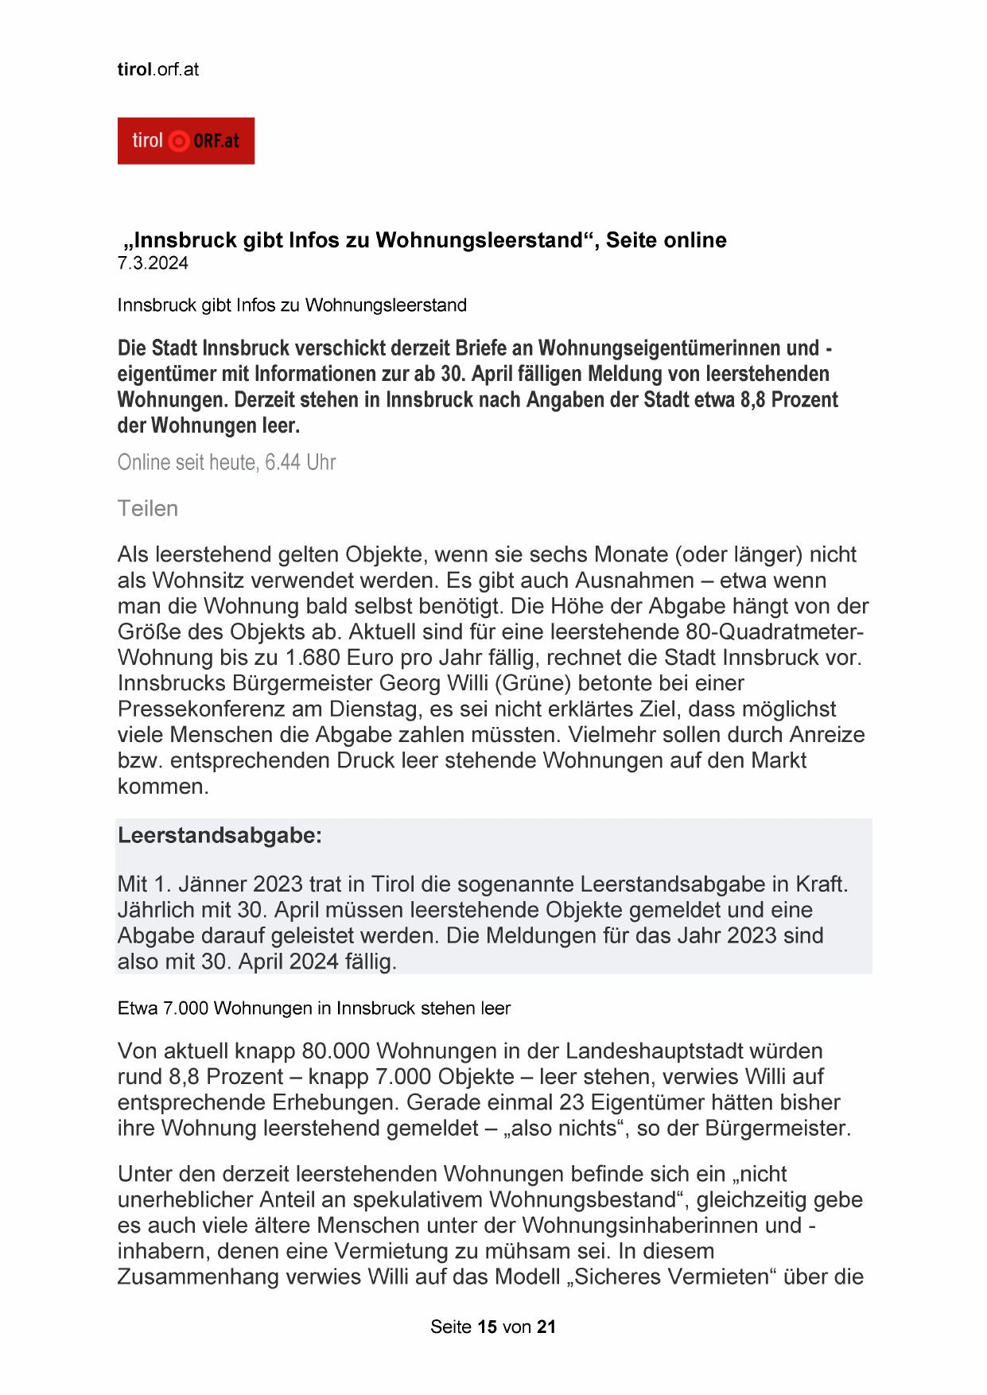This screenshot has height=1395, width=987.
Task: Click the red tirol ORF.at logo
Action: (x=185, y=141)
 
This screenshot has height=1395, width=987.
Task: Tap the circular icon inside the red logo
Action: (x=180, y=142)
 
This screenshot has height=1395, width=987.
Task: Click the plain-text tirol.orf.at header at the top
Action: (x=157, y=69)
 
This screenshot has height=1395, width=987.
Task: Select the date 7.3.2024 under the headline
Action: (x=153, y=264)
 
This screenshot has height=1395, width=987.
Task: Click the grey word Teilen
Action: (x=148, y=509)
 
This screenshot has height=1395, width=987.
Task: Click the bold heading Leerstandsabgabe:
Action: (x=220, y=836)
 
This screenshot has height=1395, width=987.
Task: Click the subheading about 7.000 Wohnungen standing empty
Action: (x=313, y=1008)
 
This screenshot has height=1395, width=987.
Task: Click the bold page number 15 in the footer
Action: (x=488, y=1327)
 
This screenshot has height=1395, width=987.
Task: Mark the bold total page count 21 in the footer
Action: (x=546, y=1327)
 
